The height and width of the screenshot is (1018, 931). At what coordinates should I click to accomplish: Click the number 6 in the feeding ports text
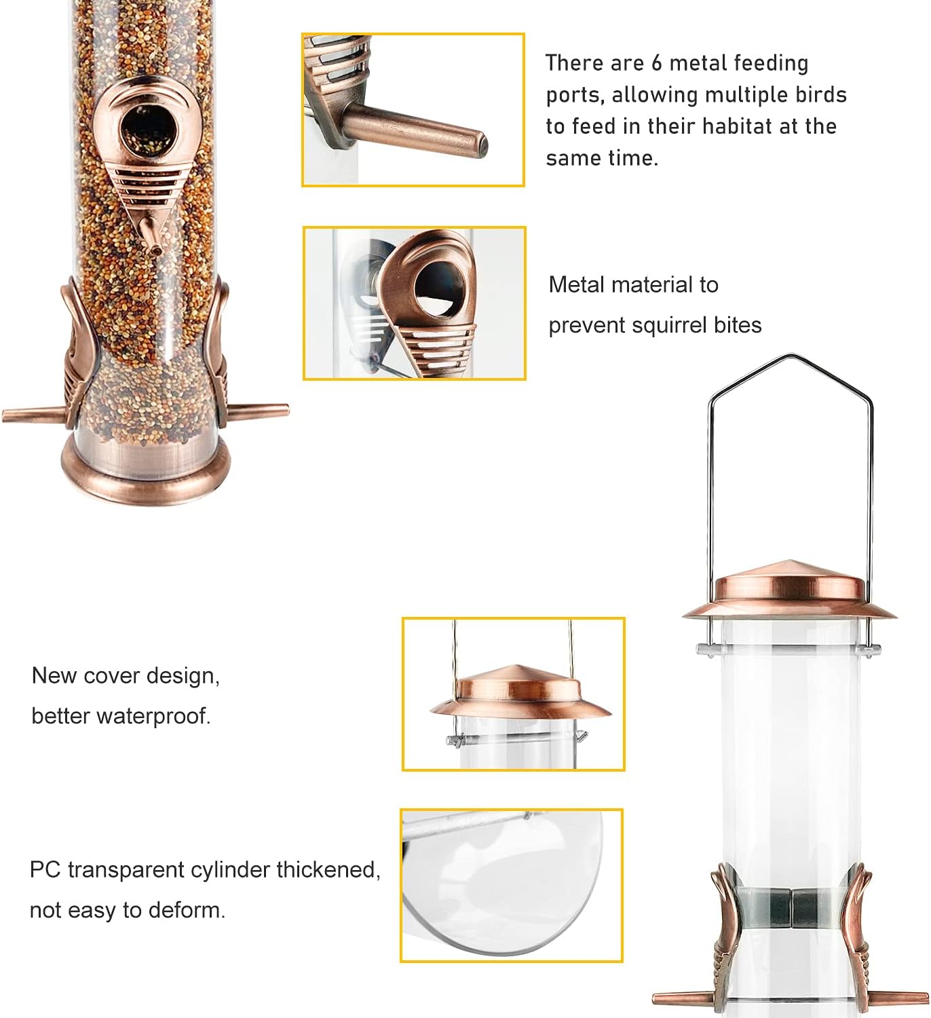pyautogui.click(x=656, y=63)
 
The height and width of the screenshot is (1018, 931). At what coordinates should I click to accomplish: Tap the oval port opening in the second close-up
pyautogui.click(x=438, y=288)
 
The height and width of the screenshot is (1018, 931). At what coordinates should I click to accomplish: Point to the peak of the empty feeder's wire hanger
pyautogui.click(x=791, y=356)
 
